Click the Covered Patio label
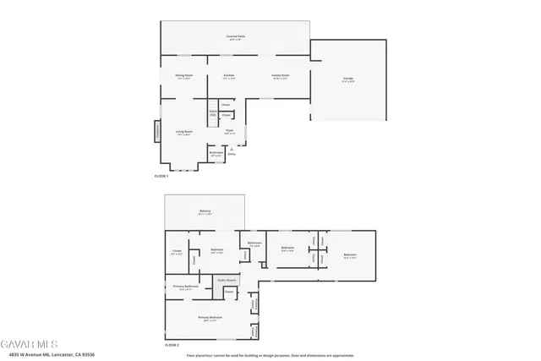pos(235,37)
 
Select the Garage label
pos(347,79)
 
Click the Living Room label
pos(184,132)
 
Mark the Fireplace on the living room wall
pos(156,132)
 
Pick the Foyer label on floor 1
pos(229,131)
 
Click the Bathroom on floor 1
pos(216,155)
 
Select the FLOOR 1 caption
pos(161,176)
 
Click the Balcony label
pos(205,211)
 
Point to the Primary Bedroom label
pos(209,318)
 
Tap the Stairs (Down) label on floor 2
pos(227,279)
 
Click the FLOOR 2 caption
pos(172,346)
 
